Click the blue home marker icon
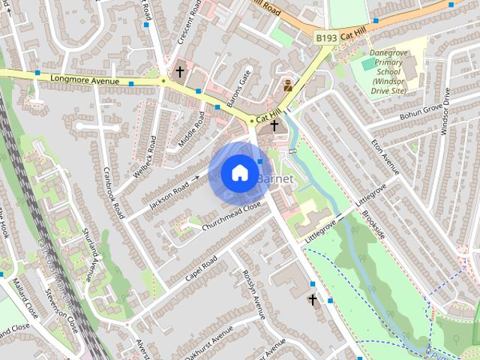point(238,172)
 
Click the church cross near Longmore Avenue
point(180,73)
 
